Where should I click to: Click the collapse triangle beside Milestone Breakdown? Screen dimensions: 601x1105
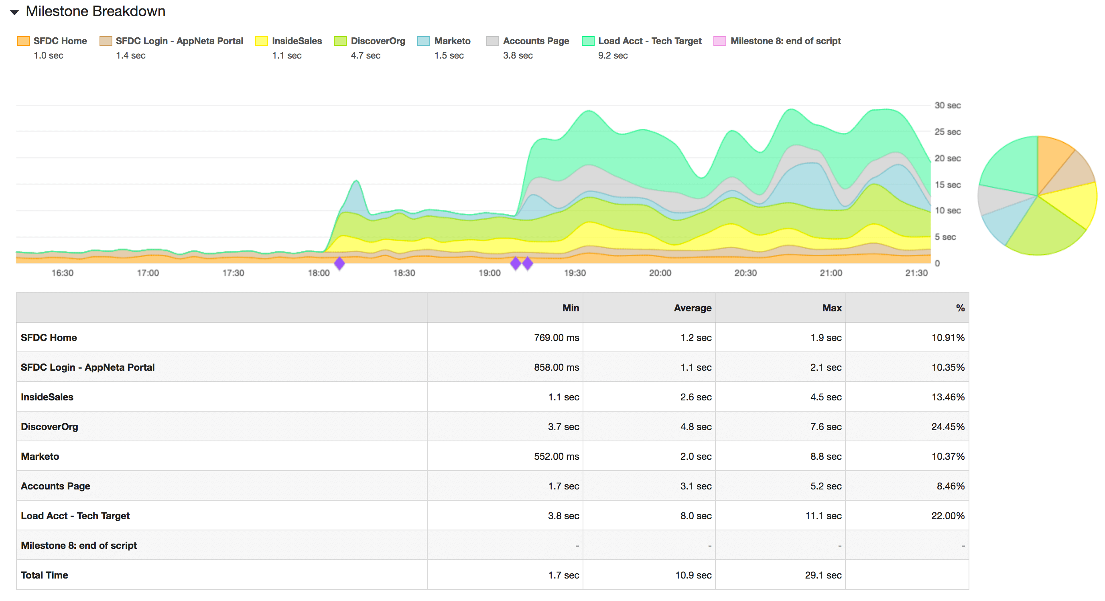click(14, 12)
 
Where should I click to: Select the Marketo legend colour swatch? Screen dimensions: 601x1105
click(423, 41)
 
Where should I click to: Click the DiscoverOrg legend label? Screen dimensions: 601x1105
click(378, 41)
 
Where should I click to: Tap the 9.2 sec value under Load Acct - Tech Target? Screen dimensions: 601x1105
click(613, 56)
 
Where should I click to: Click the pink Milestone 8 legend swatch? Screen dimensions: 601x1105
click(719, 41)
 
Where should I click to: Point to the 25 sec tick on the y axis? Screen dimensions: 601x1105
click(947, 132)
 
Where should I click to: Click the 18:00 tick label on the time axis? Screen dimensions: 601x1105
click(318, 273)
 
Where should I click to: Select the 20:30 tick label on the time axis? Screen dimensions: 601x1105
click(745, 273)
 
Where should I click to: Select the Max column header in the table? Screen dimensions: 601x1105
click(831, 308)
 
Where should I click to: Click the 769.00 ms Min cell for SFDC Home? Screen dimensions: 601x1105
click(556, 337)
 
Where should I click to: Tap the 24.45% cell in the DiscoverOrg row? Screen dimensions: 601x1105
click(947, 427)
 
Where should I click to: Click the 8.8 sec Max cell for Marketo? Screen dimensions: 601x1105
click(825, 457)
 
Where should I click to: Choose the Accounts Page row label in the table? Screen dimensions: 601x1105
click(55, 486)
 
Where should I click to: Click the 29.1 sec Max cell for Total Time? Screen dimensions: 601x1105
click(823, 575)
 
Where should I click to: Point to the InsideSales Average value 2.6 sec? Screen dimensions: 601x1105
click(695, 397)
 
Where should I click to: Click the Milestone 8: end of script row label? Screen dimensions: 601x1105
click(79, 546)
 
